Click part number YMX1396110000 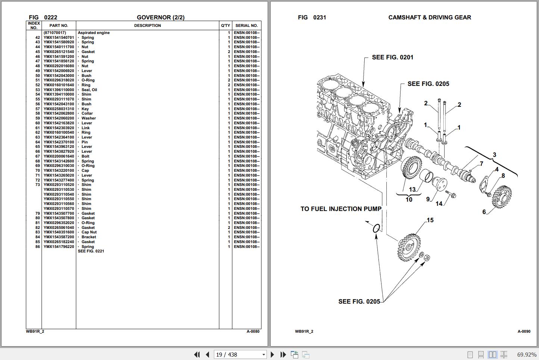point(59,90)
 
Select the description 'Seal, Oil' point(89,90)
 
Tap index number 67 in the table point(37,156)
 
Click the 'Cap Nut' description point(89,232)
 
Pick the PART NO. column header point(59,25)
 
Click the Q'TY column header point(225,25)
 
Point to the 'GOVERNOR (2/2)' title point(161,17)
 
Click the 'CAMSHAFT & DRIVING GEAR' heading point(430,17)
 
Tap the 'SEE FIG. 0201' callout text point(392,57)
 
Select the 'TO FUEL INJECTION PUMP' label point(341,209)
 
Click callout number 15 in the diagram point(430,220)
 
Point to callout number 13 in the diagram point(412,190)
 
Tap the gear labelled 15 point(409,246)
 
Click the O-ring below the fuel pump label point(377,228)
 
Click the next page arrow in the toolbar point(272,354)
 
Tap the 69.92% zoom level point(526,354)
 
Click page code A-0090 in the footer point(524,331)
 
